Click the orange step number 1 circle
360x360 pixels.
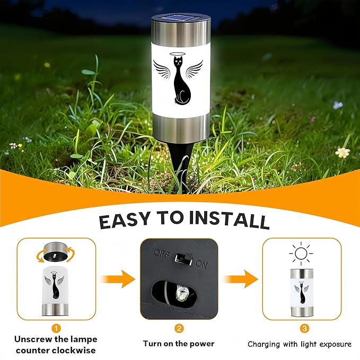tap(56, 328)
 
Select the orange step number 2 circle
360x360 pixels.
tap(179, 328)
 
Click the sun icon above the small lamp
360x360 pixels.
tap(302, 254)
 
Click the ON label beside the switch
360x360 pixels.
tap(202, 264)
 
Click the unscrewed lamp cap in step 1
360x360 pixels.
tap(56, 252)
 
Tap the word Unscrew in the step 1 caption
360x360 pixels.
tap(33, 339)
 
